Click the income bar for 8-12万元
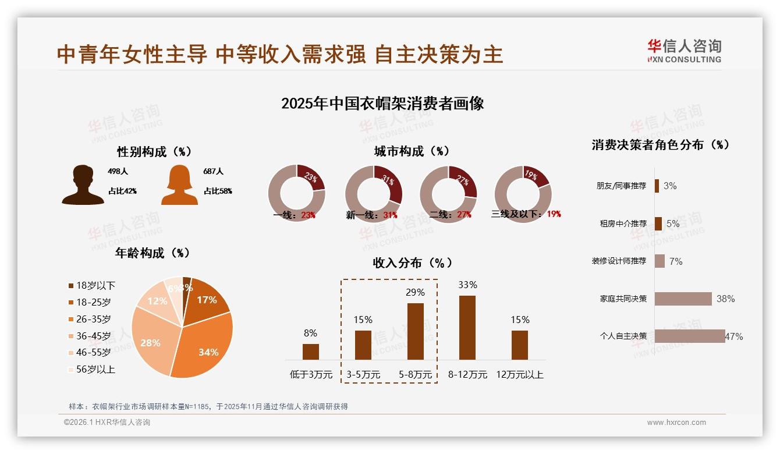467,328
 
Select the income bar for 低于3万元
311,352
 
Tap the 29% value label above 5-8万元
415,292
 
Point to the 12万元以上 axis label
519,375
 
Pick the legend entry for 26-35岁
90,319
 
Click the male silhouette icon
83,185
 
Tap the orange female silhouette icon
179,185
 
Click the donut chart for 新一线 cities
374,193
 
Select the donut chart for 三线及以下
523,193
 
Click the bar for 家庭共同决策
683,299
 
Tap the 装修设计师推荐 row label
619,261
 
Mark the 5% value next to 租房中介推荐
673,224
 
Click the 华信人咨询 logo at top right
684,51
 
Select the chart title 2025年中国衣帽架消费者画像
382,104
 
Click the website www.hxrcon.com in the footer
676,423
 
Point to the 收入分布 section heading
412,263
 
